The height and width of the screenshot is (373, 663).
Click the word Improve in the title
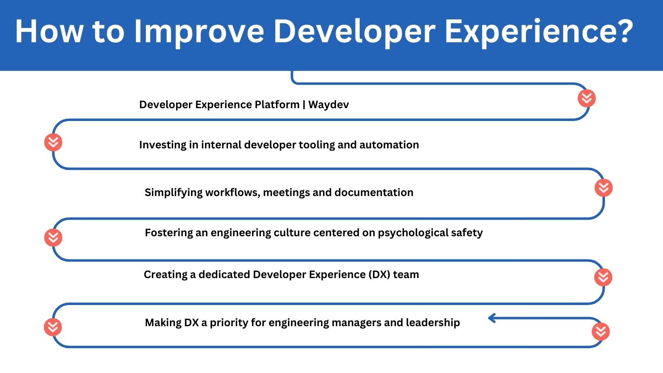coord(199,31)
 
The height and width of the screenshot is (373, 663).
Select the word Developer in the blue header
coord(354,31)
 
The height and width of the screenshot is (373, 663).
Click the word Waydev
coord(328,104)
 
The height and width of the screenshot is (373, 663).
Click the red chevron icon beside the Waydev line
coord(586,99)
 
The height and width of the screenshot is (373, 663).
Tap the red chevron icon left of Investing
coord(53,143)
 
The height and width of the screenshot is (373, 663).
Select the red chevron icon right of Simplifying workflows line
coord(603,188)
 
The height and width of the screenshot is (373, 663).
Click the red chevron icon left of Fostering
coord(53,237)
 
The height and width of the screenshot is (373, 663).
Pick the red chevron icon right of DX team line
coord(603,277)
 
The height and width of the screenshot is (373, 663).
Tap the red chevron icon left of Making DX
coord(53,327)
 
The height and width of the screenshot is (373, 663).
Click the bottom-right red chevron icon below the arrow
coord(600,332)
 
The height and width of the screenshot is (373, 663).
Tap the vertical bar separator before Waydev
coord(304,104)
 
